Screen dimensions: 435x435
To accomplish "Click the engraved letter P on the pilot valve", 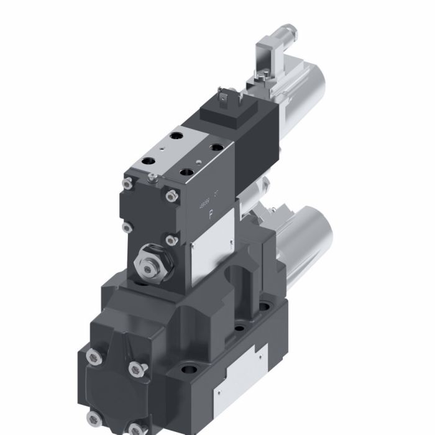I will (x=211, y=217).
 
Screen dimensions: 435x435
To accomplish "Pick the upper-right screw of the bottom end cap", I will (x=136, y=369).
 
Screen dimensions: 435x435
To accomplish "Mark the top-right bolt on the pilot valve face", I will (x=170, y=196).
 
